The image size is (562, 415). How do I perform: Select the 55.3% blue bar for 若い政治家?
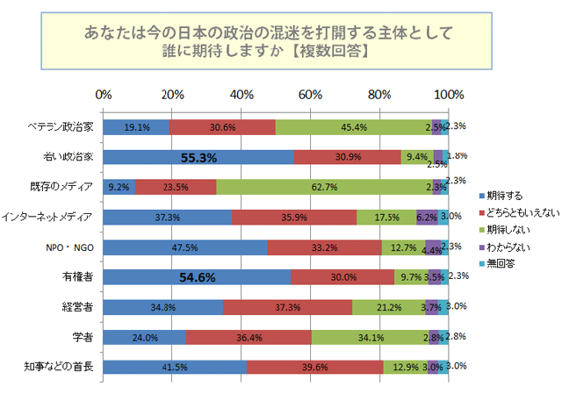click(x=198, y=157)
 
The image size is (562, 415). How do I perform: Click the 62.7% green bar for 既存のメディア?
click(x=324, y=187)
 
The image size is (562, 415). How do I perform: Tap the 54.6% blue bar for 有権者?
click(x=198, y=277)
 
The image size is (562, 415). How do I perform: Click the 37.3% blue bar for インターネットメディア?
click(x=168, y=217)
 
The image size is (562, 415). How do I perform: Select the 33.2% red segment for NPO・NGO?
click(x=325, y=247)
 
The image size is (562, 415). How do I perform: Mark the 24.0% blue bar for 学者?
click(x=145, y=337)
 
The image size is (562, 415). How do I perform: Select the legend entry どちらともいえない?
click(x=520, y=210)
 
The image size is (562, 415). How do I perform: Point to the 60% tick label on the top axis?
click(x=311, y=95)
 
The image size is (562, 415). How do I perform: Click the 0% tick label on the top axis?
click(x=104, y=95)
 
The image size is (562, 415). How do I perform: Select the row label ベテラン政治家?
click(x=61, y=127)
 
